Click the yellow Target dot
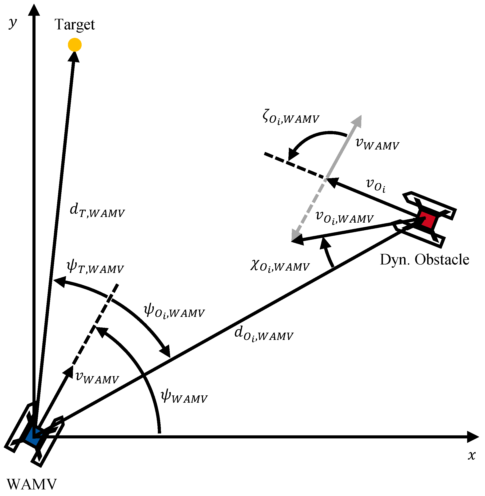75,45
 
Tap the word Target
75,25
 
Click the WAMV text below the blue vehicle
32,484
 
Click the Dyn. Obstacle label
424,260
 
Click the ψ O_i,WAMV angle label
174,312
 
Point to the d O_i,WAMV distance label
264,334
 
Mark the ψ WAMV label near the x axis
184,397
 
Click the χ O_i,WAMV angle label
280,266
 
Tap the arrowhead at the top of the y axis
34,10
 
